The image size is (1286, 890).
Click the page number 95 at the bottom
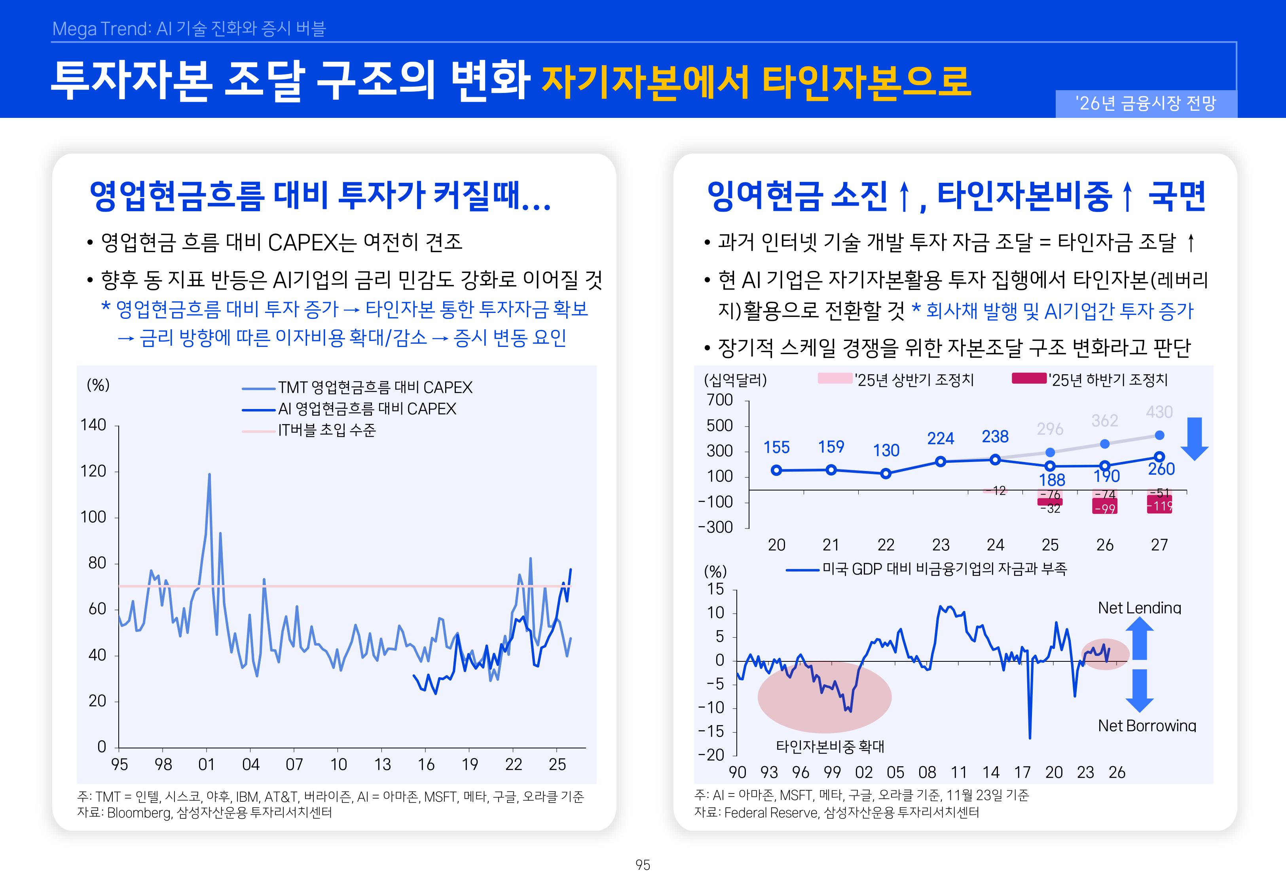click(x=643, y=865)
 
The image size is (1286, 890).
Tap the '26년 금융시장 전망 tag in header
click(x=1146, y=104)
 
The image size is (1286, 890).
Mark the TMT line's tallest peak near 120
click(x=209, y=475)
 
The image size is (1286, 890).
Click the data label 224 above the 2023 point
click(x=940, y=439)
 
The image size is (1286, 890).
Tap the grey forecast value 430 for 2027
click(x=1159, y=412)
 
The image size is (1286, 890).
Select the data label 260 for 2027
click(x=1161, y=470)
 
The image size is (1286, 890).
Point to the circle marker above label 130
click(x=886, y=473)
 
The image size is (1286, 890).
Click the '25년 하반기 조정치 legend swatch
click(x=1028, y=379)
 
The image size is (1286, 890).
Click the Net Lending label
click(x=1139, y=608)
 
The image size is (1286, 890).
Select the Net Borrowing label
click(x=1147, y=725)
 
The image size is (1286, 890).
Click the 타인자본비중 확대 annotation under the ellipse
click(x=830, y=747)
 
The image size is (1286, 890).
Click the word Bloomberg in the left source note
click(x=139, y=813)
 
